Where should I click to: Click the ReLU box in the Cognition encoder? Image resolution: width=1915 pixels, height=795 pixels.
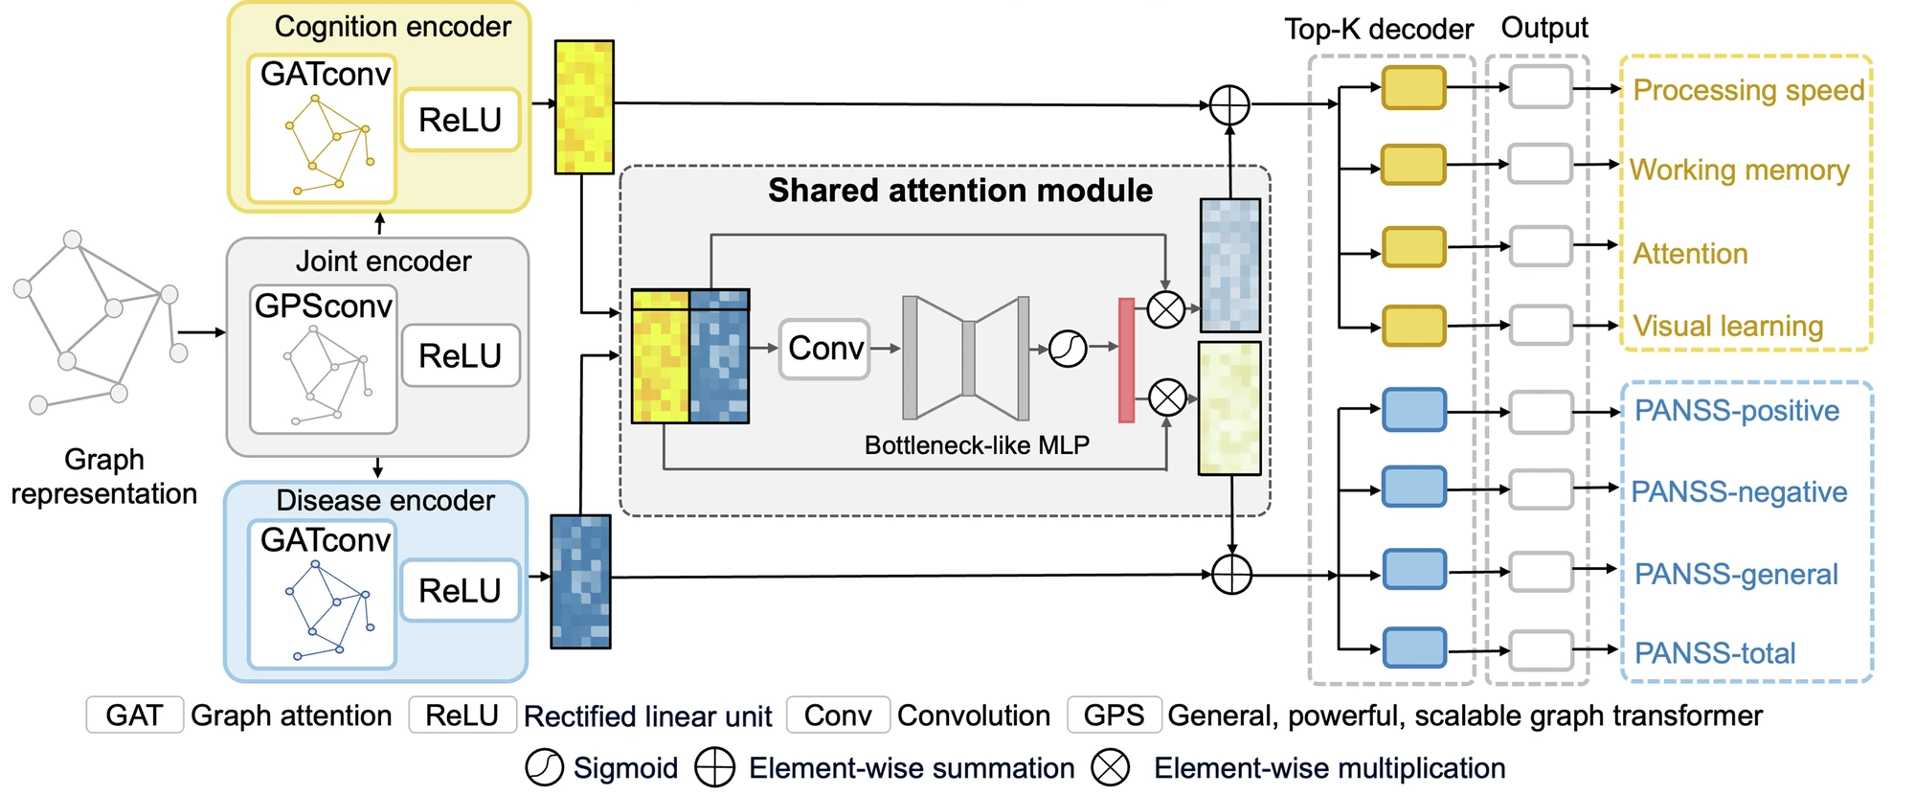click(461, 120)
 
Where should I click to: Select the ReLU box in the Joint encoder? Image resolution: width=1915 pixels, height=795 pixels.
click(461, 355)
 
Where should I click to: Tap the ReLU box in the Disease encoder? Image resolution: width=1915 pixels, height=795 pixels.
click(461, 590)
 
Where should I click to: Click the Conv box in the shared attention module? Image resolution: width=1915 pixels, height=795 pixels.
click(825, 349)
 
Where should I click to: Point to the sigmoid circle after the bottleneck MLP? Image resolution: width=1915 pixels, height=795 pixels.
click(1068, 349)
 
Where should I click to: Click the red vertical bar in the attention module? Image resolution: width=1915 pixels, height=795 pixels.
click(1127, 360)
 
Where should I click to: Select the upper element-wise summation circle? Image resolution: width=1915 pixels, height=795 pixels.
click(1229, 104)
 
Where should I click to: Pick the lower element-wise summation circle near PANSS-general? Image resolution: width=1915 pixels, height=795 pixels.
click(1231, 575)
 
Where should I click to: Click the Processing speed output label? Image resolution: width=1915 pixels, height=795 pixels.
click(1748, 90)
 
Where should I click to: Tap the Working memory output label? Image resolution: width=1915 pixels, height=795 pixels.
click(1740, 170)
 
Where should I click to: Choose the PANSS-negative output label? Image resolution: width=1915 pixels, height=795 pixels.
click(1739, 492)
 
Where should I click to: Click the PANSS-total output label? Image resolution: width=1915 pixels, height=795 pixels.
click(1715, 653)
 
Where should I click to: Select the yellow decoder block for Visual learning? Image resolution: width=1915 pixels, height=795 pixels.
click(1413, 326)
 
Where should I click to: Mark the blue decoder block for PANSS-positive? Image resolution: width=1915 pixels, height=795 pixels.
click(1414, 410)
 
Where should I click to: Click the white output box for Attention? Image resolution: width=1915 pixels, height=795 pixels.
click(1541, 246)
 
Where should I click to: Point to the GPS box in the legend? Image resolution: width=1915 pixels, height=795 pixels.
click(1114, 715)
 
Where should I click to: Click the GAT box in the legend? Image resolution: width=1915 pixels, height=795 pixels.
click(134, 715)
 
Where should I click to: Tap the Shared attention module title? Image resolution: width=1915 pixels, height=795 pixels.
click(960, 191)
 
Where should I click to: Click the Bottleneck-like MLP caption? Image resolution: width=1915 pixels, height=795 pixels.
click(977, 445)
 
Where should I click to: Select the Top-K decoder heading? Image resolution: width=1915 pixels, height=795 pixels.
click(1379, 30)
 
